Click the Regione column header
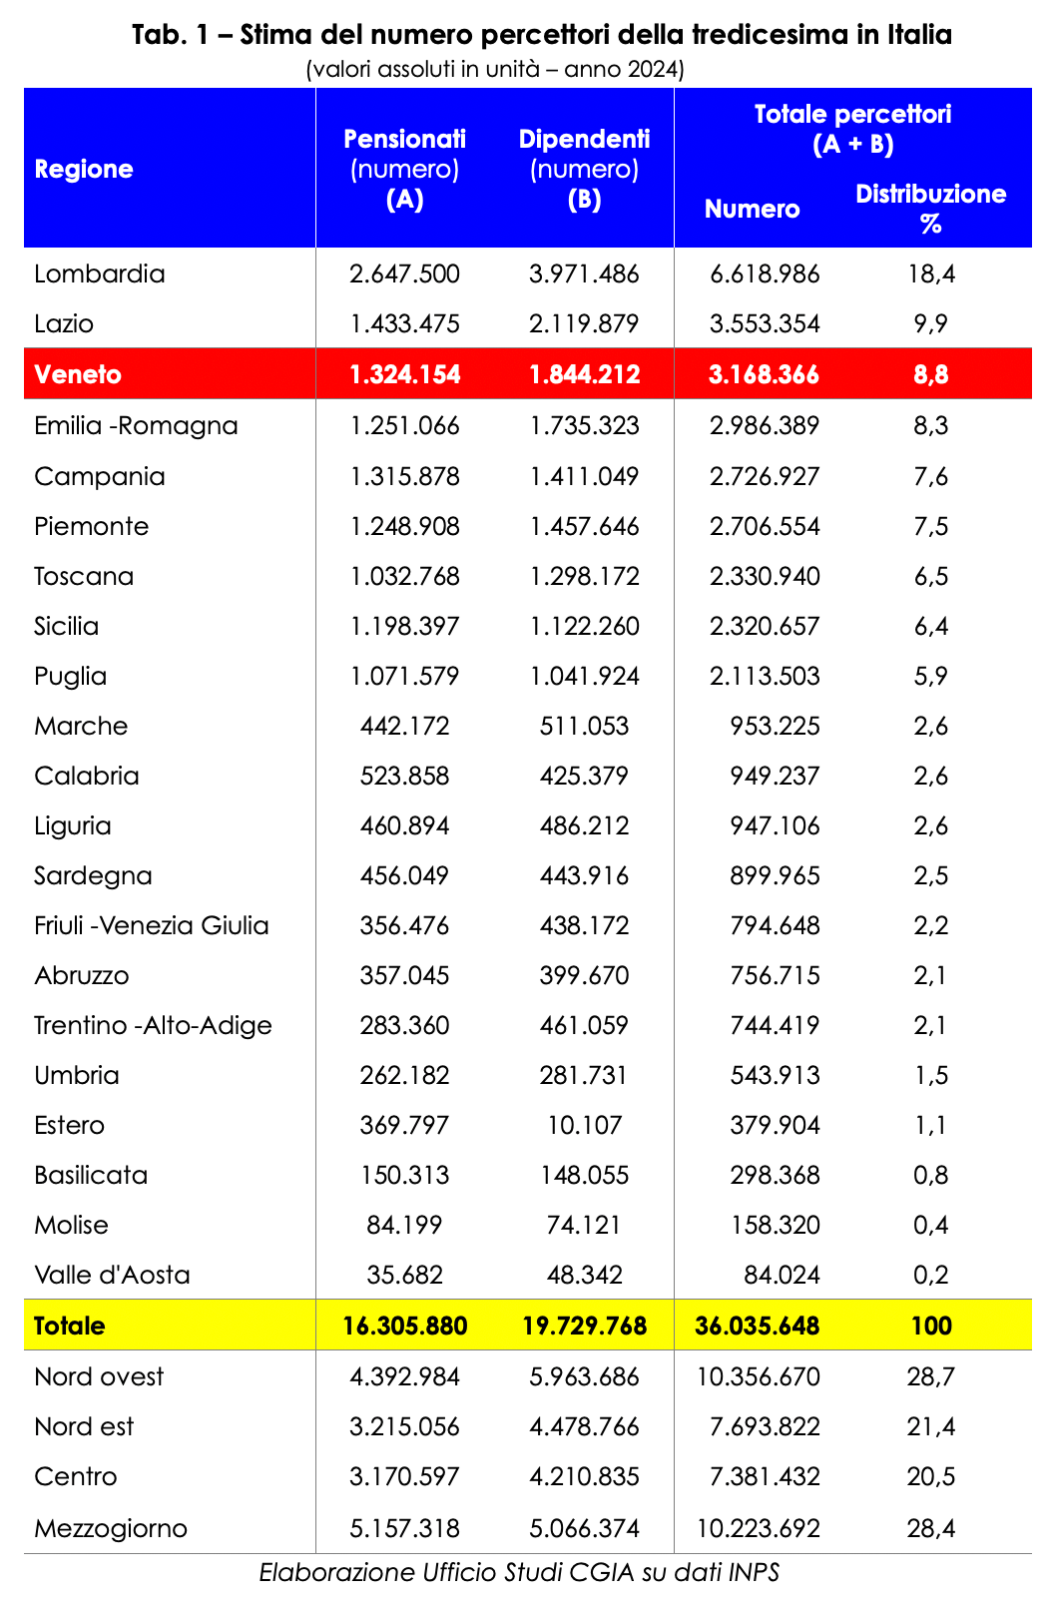[x=84, y=169]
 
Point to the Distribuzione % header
[x=930, y=208]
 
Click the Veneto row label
[x=78, y=374]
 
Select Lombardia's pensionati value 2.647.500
[x=404, y=273]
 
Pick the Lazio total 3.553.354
[x=765, y=323]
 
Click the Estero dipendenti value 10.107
[x=584, y=1125]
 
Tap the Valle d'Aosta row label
[x=112, y=1275]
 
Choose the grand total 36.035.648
[x=757, y=1326]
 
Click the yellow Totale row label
[x=69, y=1326]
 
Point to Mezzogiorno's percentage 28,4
[x=930, y=1528]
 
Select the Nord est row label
[x=84, y=1426]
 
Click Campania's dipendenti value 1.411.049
[x=584, y=476]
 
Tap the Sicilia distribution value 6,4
[x=930, y=626]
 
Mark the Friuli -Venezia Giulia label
[x=152, y=925]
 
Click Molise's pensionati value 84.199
[x=404, y=1225]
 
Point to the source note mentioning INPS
[x=519, y=1573]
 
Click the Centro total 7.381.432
[x=765, y=1476]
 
